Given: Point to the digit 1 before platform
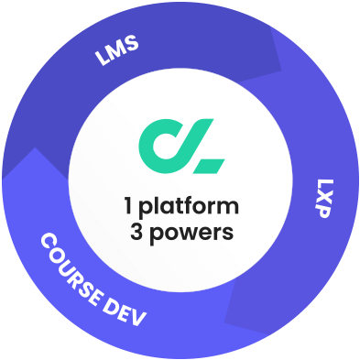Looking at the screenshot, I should pyautogui.click(x=128, y=204).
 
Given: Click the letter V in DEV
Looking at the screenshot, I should pyautogui.click(x=139, y=322).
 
